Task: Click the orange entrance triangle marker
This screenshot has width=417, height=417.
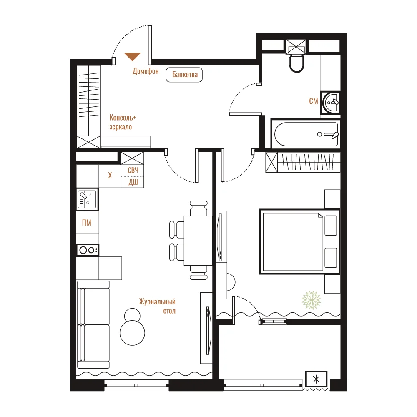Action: coord(133,56)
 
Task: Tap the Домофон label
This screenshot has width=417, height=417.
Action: coord(146,71)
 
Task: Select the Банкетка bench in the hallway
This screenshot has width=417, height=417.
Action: coord(184,75)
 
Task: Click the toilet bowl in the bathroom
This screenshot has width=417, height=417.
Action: coord(296,63)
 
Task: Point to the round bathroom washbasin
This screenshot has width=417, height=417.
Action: coord(331,103)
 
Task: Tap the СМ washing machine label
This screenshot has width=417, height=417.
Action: coord(314,101)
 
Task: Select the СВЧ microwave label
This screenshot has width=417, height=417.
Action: coord(133,170)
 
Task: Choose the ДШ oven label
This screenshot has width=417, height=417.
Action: coord(133,182)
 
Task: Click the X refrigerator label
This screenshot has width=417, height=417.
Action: coord(110,175)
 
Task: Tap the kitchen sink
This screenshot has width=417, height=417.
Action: coord(87,199)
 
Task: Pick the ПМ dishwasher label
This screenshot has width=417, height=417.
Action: coord(87,223)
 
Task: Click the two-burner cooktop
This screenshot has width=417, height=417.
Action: coord(88,250)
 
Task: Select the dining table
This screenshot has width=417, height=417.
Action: coord(198,241)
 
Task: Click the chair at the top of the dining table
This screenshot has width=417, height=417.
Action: coord(198,208)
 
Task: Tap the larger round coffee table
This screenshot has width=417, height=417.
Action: coord(132,333)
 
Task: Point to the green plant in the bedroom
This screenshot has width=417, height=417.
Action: coord(311,300)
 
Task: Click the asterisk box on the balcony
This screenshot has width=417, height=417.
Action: coord(316,379)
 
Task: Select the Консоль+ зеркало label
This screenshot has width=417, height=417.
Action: coord(123,122)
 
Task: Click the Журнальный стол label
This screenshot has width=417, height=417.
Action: coord(157,306)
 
